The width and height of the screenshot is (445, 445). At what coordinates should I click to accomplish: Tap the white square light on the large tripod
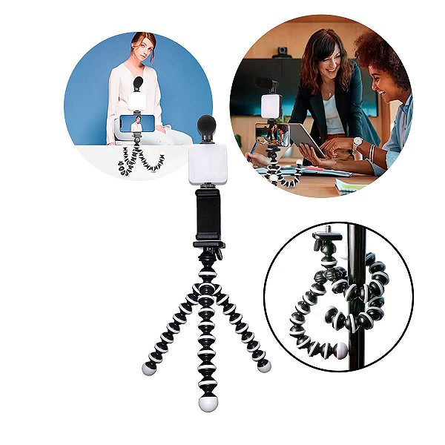click(208, 162)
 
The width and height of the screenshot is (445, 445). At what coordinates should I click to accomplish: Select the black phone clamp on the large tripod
click(208, 215)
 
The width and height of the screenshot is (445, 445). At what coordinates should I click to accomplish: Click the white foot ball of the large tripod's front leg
click(207, 403)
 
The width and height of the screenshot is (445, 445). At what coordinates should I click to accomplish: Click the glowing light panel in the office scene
click(270, 105)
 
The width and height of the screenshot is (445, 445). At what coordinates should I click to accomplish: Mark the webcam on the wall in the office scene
click(282, 52)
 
